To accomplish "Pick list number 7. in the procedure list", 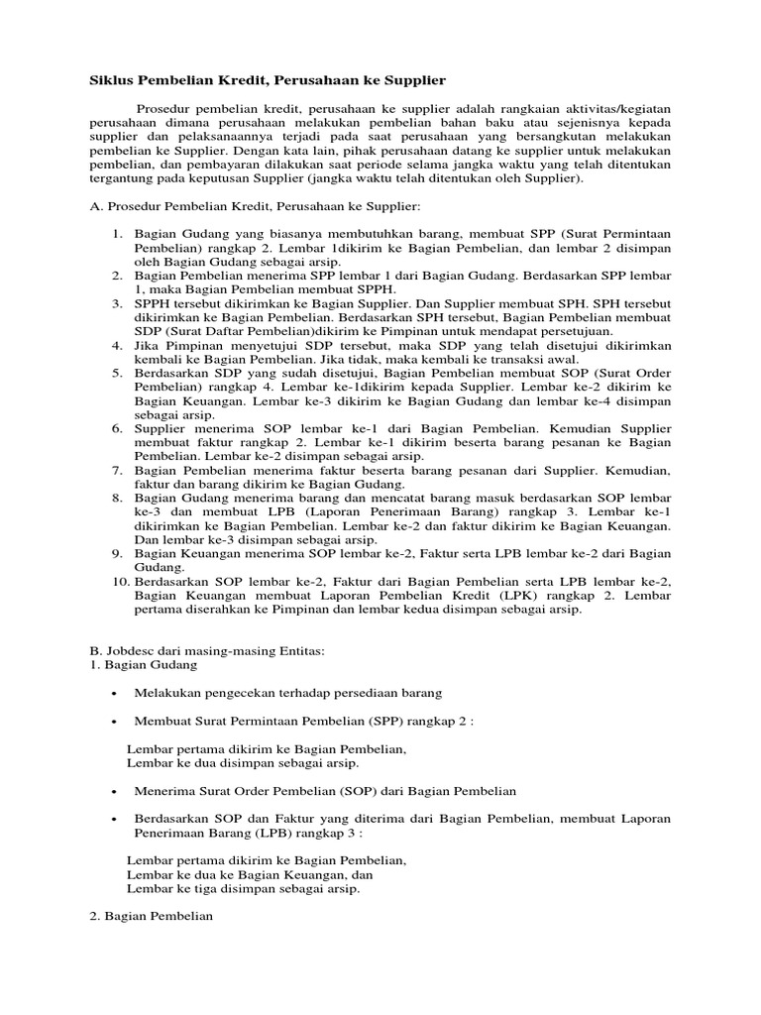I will tap(116, 469).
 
